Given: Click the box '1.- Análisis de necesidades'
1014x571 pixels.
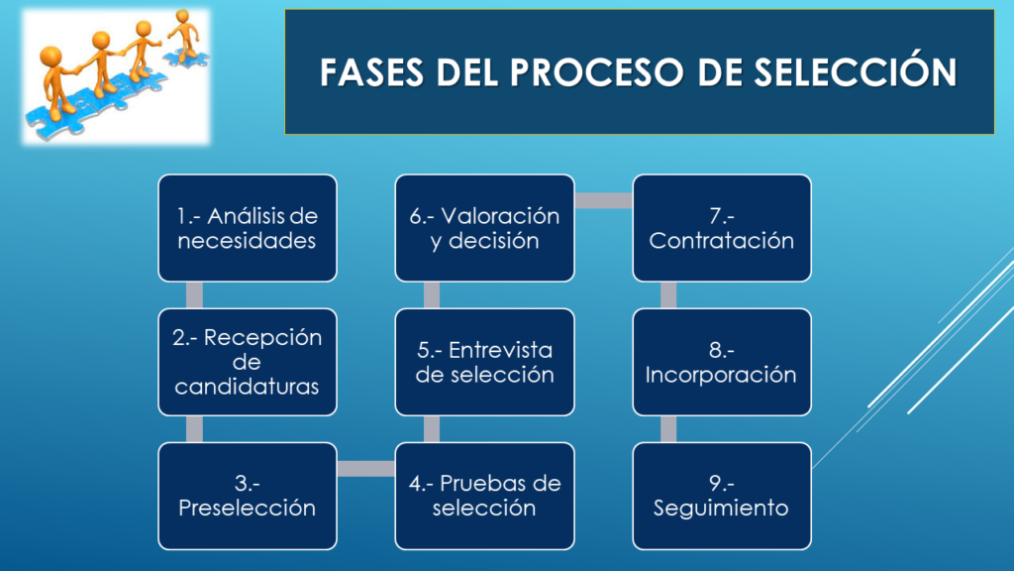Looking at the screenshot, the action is (x=248, y=228).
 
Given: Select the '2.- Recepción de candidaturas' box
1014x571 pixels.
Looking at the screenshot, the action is (x=248, y=362).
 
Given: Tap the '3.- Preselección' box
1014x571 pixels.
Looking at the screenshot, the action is (x=248, y=496).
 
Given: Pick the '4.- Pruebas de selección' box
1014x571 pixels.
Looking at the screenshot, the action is (x=484, y=496).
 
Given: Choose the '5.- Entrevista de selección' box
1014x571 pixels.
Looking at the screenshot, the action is (x=484, y=362).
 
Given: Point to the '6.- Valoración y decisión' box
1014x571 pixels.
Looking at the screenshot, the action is (x=484, y=228).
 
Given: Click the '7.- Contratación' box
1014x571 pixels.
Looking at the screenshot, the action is (x=722, y=228).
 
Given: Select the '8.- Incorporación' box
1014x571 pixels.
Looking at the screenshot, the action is (x=722, y=362).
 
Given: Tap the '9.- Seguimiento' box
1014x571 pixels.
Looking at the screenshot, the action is (x=722, y=496).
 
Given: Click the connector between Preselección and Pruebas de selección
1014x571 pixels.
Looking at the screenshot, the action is (x=366, y=469).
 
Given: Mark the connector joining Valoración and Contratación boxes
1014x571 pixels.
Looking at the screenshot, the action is (x=603, y=200).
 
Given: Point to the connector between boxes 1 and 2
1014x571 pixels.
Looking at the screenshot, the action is (x=194, y=295).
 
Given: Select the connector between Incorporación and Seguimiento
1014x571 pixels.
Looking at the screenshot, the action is (x=668, y=429).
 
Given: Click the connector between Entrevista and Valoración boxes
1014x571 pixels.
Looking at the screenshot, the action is (x=432, y=295).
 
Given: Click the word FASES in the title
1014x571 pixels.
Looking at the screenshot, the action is (x=372, y=71).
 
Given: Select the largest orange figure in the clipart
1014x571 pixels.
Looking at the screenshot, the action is (x=56, y=82).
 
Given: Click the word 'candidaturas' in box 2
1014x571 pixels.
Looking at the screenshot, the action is (x=247, y=387).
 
